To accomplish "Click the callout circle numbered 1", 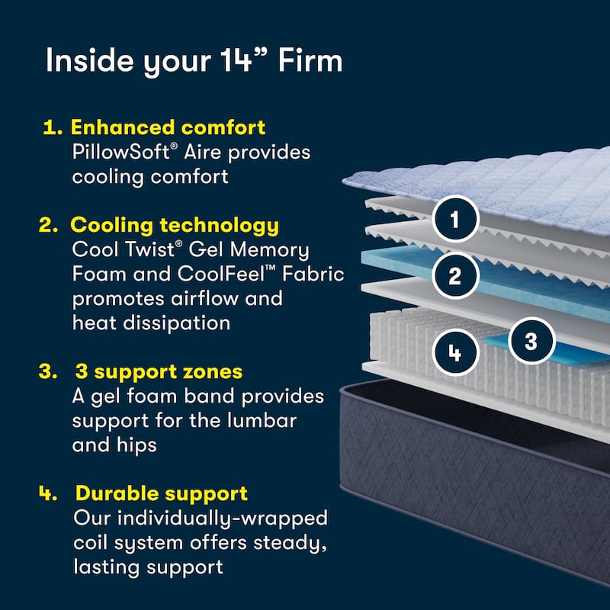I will click(x=455, y=220).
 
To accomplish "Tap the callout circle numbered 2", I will click(x=455, y=275).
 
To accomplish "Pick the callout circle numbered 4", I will click(x=455, y=353).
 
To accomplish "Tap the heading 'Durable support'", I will click(x=161, y=493).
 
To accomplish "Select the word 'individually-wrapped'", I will click(x=233, y=518).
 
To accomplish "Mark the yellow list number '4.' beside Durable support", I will click(x=48, y=493).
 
